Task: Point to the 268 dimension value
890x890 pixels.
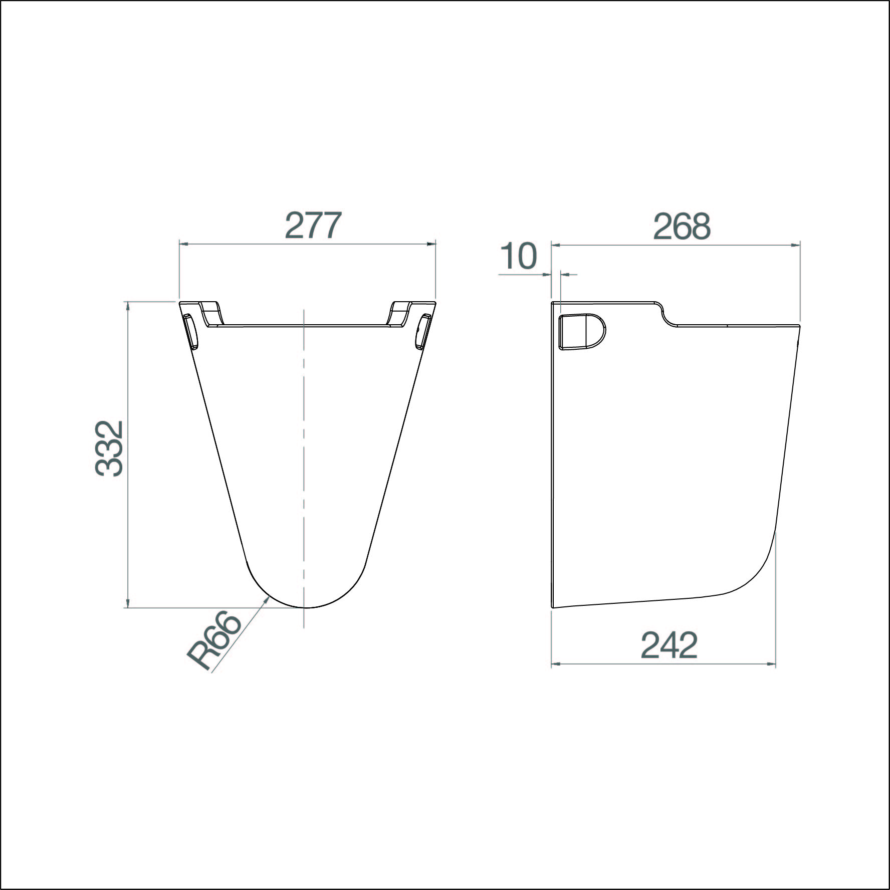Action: pyautogui.click(x=682, y=226)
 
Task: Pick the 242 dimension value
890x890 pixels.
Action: pyautogui.click(x=669, y=645)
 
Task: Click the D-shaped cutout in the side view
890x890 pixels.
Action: pyautogui.click(x=582, y=331)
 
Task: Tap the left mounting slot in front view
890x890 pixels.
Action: pyautogui.click(x=190, y=331)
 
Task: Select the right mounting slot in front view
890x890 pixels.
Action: pyautogui.click(x=422, y=331)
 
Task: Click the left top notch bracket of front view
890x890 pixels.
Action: pyautogui.click(x=211, y=313)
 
